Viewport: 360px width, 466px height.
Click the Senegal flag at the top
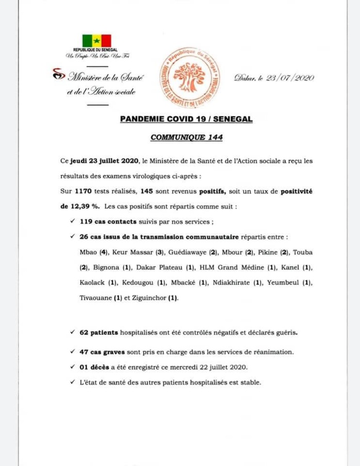point(97,40)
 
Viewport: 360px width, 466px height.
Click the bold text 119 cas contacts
point(105,222)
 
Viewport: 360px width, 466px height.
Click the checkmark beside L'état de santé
point(70,382)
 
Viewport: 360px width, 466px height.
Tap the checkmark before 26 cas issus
point(70,237)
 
